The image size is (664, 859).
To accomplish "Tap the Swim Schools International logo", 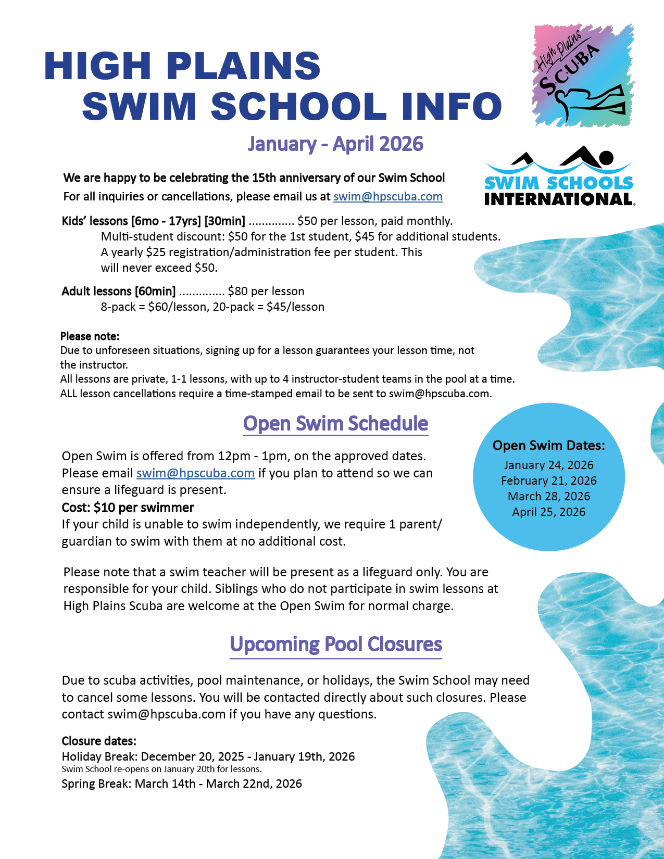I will coord(558,178).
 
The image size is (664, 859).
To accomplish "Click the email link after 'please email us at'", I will coord(388,197).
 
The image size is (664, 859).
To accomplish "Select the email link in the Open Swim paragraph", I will coord(195,473).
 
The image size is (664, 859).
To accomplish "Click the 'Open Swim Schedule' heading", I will coord(335,424).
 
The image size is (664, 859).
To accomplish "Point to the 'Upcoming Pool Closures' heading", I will coord(335,645).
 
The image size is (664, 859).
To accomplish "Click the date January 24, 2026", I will coord(548,465).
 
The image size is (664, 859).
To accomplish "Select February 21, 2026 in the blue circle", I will coord(548,481).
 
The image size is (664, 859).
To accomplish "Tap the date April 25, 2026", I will coord(548,512).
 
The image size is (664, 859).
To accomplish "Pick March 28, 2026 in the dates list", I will coord(548,496).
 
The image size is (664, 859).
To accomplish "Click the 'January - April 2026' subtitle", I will coord(335,144).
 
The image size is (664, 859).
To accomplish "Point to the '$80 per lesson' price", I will coord(266,292).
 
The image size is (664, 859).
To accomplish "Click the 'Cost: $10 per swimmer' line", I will coord(128,508).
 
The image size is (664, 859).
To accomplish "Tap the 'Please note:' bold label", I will coord(90,336).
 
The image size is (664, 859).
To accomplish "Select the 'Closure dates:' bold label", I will coord(99,741).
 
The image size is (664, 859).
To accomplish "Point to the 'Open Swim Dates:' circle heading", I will coord(548,446).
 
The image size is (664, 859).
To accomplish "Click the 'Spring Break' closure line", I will coord(182,784).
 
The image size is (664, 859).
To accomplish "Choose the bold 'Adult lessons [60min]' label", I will coord(119,292).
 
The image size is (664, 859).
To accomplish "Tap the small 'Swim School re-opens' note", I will coord(161,769).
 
